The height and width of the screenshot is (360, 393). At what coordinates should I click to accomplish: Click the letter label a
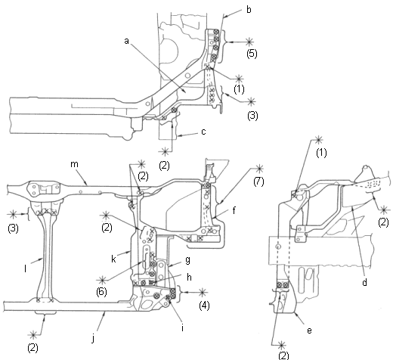coord(126,41)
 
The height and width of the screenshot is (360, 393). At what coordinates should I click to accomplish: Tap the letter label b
coord(249,10)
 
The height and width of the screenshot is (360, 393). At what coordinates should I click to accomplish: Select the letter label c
coord(203,132)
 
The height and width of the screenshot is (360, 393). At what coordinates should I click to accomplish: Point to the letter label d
coord(364,282)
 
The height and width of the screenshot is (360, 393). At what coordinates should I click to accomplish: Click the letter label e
coord(310,331)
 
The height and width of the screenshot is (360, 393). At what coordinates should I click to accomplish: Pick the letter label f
coord(234,210)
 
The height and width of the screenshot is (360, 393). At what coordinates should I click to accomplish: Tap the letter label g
coord(187,260)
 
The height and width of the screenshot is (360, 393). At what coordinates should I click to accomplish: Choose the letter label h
coord(189,277)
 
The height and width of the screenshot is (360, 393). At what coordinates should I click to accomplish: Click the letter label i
coord(182,327)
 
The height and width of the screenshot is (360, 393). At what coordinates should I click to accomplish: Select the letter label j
coord(93,339)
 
